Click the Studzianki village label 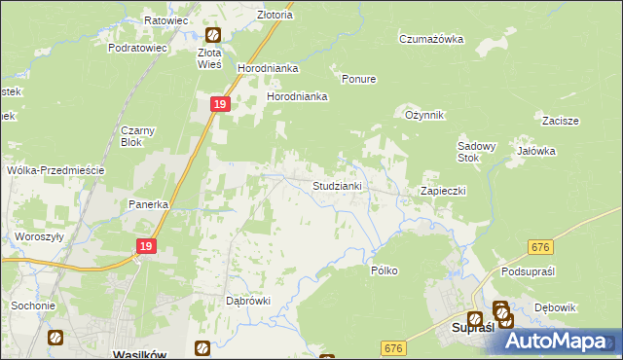tap(337, 185)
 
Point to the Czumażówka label tap(431, 39)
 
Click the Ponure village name tap(358, 79)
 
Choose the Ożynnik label tap(424, 115)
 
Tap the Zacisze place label tap(561, 121)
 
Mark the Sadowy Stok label tap(477, 152)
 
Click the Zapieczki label tap(443, 191)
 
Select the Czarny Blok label tap(137, 136)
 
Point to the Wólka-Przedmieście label tap(55, 169)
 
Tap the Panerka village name tap(150, 205)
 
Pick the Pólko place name tap(384, 270)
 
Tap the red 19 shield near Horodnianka tap(220, 104)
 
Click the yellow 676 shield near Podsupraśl tap(541, 249)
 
